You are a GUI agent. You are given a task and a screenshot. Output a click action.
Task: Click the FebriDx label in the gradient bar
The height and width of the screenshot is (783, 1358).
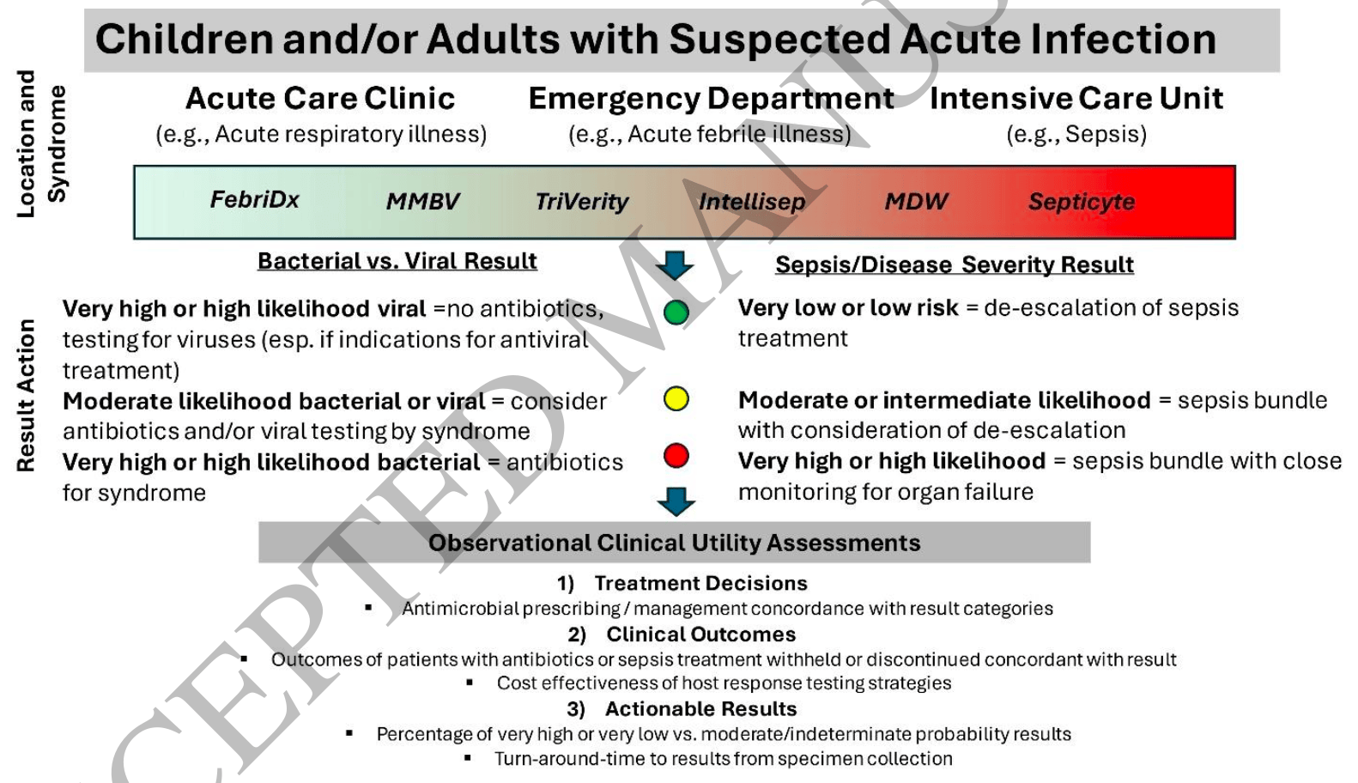(x=255, y=199)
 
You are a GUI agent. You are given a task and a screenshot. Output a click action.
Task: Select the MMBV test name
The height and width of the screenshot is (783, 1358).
(x=423, y=202)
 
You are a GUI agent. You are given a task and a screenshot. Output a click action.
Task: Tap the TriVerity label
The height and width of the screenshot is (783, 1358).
(x=582, y=202)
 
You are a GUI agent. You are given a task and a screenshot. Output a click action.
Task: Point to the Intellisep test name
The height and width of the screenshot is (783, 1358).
(x=752, y=202)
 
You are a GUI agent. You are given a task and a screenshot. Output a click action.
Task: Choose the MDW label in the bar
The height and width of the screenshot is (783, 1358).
(x=916, y=202)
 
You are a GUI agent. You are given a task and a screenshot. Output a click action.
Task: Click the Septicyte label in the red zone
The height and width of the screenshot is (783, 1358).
(x=1082, y=202)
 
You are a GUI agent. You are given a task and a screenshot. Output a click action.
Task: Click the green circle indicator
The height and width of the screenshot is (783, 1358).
(x=676, y=313)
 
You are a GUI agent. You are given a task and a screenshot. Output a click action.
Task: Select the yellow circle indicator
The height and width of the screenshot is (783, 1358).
(x=676, y=399)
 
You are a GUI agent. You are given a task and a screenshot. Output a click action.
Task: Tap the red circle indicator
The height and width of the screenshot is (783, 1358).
(x=676, y=456)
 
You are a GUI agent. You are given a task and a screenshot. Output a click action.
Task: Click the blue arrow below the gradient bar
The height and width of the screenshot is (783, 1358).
(x=675, y=265)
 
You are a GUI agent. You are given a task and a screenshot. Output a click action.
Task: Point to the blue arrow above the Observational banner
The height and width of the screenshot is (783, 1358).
(x=676, y=501)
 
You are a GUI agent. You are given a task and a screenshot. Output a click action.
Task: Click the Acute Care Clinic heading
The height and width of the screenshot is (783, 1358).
(x=320, y=98)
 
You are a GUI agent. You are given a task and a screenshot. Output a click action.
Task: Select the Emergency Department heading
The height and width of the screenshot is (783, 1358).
(x=711, y=99)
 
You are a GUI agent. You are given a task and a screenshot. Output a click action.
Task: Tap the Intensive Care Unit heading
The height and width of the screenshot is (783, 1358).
(x=1076, y=98)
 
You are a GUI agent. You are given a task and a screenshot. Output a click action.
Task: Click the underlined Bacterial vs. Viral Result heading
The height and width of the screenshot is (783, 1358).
(x=397, y=261)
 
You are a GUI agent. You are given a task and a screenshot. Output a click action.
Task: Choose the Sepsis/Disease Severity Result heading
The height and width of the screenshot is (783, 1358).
(x=955, y=265)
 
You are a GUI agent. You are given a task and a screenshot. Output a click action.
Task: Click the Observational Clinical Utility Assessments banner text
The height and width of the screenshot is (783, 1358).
(x=674, y=543)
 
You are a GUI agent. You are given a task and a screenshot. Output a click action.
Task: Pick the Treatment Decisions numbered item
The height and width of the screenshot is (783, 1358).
(x=682, y=583)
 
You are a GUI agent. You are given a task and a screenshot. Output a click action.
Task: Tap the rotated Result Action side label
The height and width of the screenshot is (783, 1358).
(x=26, y=396)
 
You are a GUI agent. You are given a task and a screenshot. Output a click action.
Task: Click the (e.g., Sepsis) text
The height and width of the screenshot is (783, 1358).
(x=1076, y=134)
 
